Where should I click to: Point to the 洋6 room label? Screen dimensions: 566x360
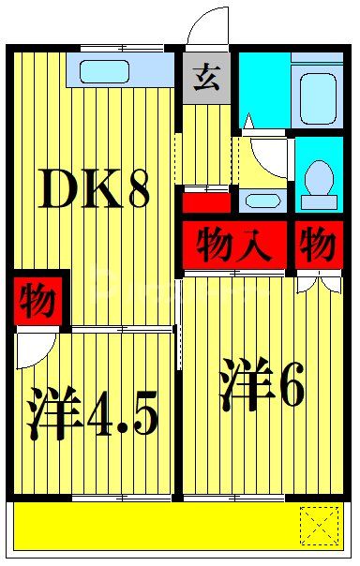tap(262, 387)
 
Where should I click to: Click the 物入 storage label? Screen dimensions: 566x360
tap(234, 246)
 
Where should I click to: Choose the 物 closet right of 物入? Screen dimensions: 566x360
tap(318, 246)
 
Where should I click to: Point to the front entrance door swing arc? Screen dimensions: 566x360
tap(208, 25)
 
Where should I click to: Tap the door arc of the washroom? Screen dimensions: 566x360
tap(266, 156)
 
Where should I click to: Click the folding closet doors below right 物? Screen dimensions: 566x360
tap(319, 281)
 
